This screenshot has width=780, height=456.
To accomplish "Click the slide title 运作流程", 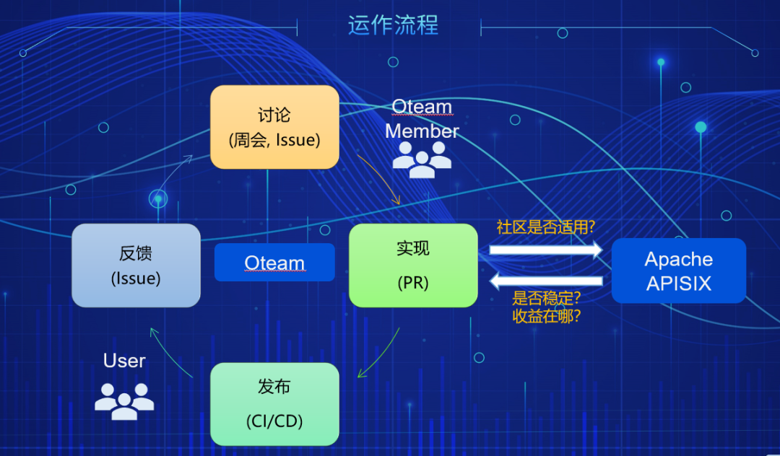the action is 393,25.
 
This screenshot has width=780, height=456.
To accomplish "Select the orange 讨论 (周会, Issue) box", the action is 274,127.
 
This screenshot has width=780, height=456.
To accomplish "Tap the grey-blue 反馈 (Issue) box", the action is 136,266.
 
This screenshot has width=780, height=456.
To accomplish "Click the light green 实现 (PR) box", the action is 413,266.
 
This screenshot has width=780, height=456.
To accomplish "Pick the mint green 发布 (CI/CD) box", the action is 274,404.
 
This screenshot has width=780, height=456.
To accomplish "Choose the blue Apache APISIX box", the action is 678,271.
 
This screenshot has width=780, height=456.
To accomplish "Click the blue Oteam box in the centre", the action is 274,263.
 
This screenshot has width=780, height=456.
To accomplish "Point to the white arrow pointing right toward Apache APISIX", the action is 546,250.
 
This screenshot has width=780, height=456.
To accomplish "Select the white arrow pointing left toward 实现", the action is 546,281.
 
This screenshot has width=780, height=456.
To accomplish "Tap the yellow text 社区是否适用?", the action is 546,227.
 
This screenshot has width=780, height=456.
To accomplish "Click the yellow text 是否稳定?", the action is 546,298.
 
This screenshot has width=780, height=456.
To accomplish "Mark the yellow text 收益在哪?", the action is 546,316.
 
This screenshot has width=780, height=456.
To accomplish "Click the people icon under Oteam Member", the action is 422,159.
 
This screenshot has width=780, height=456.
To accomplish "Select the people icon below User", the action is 124,401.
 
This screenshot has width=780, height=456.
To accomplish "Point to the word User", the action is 124,361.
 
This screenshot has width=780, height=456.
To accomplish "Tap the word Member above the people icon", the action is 422,131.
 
